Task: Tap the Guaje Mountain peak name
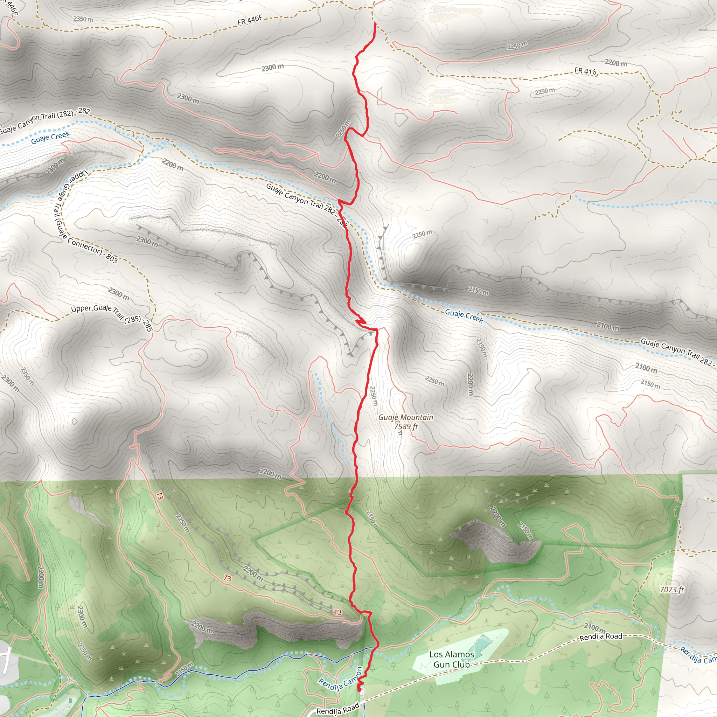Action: click(406, 418)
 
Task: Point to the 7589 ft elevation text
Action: click(406, 426)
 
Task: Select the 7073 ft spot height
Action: click(672, 590)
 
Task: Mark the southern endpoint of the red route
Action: click(359, 690)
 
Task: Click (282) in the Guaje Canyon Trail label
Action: click(65, 114)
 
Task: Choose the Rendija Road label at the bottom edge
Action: click(338, 709)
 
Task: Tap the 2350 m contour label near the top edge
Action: click(83, 19)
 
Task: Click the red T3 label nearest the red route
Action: click(337, 612)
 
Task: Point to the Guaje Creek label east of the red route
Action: click(464, 316)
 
